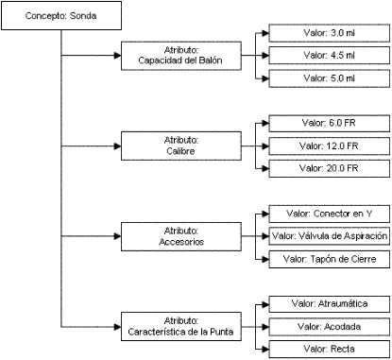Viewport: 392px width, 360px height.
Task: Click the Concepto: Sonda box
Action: click(61, 16)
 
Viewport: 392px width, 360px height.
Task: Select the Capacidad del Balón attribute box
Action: click(181, 56)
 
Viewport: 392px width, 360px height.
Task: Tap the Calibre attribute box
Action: click(181, 146)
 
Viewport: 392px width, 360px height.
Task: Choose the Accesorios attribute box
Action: click(181, 236)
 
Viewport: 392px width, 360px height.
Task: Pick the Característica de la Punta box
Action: click(181, 327)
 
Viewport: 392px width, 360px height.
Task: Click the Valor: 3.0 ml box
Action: click(330, 33)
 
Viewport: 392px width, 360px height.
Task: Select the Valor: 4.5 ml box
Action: click(330, 56)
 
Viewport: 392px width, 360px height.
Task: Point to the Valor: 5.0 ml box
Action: click(330, 78)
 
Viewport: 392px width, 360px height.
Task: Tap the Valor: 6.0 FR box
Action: click(330, 123)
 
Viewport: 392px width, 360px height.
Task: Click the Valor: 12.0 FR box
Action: click(330, 146)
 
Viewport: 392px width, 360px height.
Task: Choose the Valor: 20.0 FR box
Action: click(330, 168)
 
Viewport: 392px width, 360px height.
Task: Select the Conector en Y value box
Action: click(330, 214)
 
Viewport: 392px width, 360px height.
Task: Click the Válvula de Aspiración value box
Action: click(330, 236)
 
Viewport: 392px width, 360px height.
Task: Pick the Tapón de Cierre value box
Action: click(330, 259)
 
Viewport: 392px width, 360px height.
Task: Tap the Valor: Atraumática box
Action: click(330, 304)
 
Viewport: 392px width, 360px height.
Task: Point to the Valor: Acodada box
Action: click(330, 327)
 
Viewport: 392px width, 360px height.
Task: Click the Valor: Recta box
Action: click(330, 350)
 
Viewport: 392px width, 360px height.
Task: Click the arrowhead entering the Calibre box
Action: click(118, 146)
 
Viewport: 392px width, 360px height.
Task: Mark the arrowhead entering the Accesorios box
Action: click(118, 236)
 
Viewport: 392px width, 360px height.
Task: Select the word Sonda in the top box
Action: click(83, 16)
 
